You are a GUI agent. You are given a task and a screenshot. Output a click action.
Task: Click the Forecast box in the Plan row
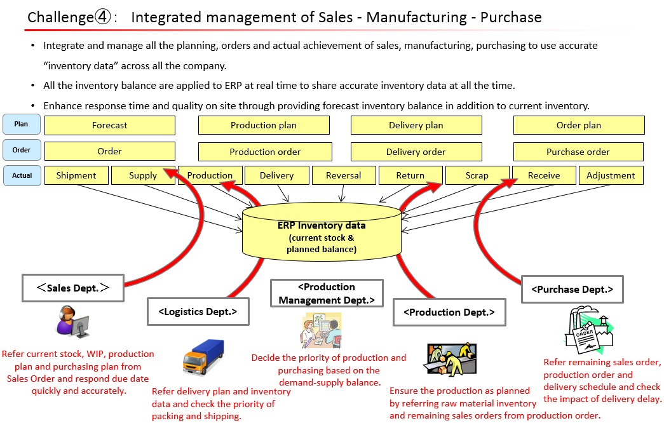(x=109, y=125)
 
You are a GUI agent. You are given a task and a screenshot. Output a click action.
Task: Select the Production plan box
(x=264, y=125)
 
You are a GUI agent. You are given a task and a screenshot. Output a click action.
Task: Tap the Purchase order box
(x=578, y=152)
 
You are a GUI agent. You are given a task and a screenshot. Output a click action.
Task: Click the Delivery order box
(x=416, y=152)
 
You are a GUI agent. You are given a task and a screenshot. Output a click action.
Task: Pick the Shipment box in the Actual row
(x=76, y=175)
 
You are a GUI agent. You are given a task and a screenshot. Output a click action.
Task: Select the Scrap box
(x=477, y=175)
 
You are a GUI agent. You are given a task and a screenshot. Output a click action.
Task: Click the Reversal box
(x=343, y=175)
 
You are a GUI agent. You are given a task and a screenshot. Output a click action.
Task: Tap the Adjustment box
(x=611, y=175)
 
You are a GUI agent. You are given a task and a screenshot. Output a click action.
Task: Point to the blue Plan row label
(x=22, y=124)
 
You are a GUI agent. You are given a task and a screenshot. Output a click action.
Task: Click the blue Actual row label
(x=22, y=175)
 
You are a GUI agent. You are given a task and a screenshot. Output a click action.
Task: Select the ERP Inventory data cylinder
(x=322, y=232)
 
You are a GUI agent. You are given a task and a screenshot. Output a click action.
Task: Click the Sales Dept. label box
(x=73, y=288)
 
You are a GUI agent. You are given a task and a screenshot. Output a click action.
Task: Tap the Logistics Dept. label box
(x=198, y=311)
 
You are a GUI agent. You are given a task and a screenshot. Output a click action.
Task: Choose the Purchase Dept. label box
(x=572, y=289)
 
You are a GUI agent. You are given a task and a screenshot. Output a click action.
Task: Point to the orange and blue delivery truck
(x=203, y=358)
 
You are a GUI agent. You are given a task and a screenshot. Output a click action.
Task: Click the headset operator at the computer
(x=72, y=321)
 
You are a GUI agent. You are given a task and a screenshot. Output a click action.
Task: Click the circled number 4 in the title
(x=104, y=17)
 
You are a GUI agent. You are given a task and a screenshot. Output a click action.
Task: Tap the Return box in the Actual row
(x=410, y=175)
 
